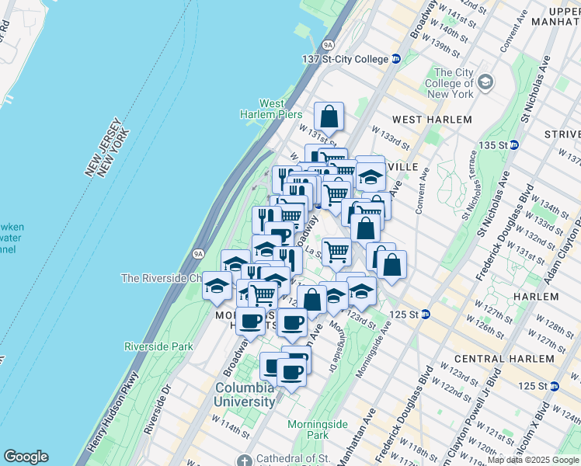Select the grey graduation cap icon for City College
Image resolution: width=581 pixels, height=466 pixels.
tap(485, 81)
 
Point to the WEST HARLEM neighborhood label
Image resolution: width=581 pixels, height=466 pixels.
tap(432, 120)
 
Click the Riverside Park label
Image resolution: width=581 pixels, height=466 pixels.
tap(158, 346)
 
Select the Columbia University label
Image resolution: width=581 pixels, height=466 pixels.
tap(245, 395)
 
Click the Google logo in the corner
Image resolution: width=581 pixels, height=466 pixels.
tap(26, 457)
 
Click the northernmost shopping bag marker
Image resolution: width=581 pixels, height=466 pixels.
tap(329, 116)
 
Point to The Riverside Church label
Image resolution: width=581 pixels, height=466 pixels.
tap(161, 278)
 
